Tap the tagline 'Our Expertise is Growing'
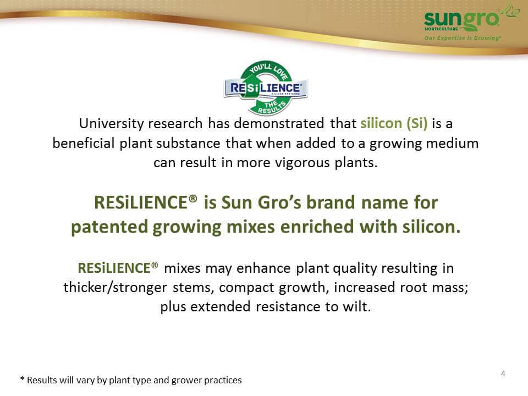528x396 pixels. point(463,38)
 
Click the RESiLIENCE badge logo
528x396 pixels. point(266,88)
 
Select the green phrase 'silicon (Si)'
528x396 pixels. point(394,124)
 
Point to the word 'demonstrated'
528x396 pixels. point(279,124)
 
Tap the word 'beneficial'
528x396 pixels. point(84,143)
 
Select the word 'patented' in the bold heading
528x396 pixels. point(109,227)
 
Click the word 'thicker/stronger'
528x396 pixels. point(115,288)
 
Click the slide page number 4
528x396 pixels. point(503,373)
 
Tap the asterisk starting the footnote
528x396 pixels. point(23,379)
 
